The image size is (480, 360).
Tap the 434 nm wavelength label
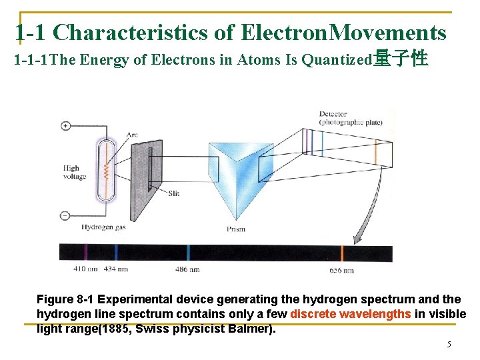(115, 269)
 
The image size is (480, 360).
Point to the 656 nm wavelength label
(341, 271)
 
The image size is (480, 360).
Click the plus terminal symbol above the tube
(65, 125)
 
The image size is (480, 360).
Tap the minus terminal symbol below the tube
(65, 215)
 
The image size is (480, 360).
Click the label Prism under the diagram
(235, 229)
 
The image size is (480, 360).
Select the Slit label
(173, 193)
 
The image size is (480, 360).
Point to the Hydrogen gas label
(103, 227)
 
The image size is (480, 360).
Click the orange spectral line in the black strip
(342, 253)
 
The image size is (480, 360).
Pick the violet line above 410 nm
(85, 253)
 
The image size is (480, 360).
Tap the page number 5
(449, 345)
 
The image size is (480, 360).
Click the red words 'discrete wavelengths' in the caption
(351, 314)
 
